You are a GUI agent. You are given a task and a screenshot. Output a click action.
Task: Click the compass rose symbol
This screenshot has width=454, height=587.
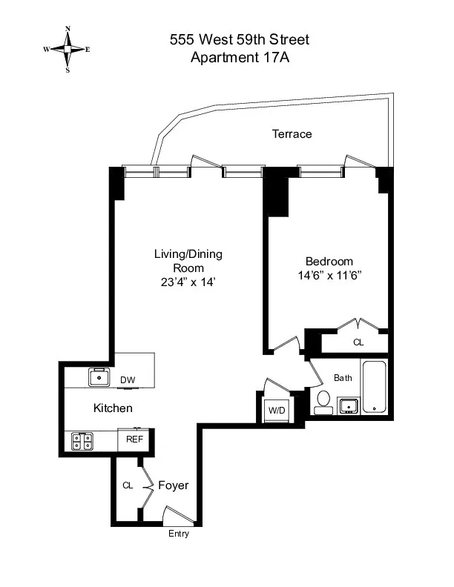point(68,50)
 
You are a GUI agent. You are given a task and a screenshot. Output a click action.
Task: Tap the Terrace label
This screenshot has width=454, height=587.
point(292,134)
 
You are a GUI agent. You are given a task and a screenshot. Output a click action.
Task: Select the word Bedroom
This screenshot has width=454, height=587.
point(329,262)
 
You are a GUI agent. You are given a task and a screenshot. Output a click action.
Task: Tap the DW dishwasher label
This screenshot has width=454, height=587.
point(128,380)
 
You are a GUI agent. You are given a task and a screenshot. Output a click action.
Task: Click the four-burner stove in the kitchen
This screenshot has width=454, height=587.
point(82,442)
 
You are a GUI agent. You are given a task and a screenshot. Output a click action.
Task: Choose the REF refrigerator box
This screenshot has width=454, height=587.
point(134,440)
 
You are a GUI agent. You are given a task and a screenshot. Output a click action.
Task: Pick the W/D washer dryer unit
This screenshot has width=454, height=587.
point(277,410)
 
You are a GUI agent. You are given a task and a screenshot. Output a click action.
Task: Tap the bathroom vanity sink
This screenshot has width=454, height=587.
point(349,405)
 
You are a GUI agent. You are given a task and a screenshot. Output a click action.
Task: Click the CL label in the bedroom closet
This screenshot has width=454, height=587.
point(358,343)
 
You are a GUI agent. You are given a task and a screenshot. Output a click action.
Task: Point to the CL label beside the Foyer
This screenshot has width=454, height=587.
point(127,485)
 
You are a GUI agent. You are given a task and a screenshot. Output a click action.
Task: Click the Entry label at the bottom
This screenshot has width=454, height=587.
point(179,534)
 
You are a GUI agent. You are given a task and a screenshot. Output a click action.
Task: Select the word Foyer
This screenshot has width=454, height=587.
point(173,485)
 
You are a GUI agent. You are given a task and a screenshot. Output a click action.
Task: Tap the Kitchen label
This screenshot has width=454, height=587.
point(113,408)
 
